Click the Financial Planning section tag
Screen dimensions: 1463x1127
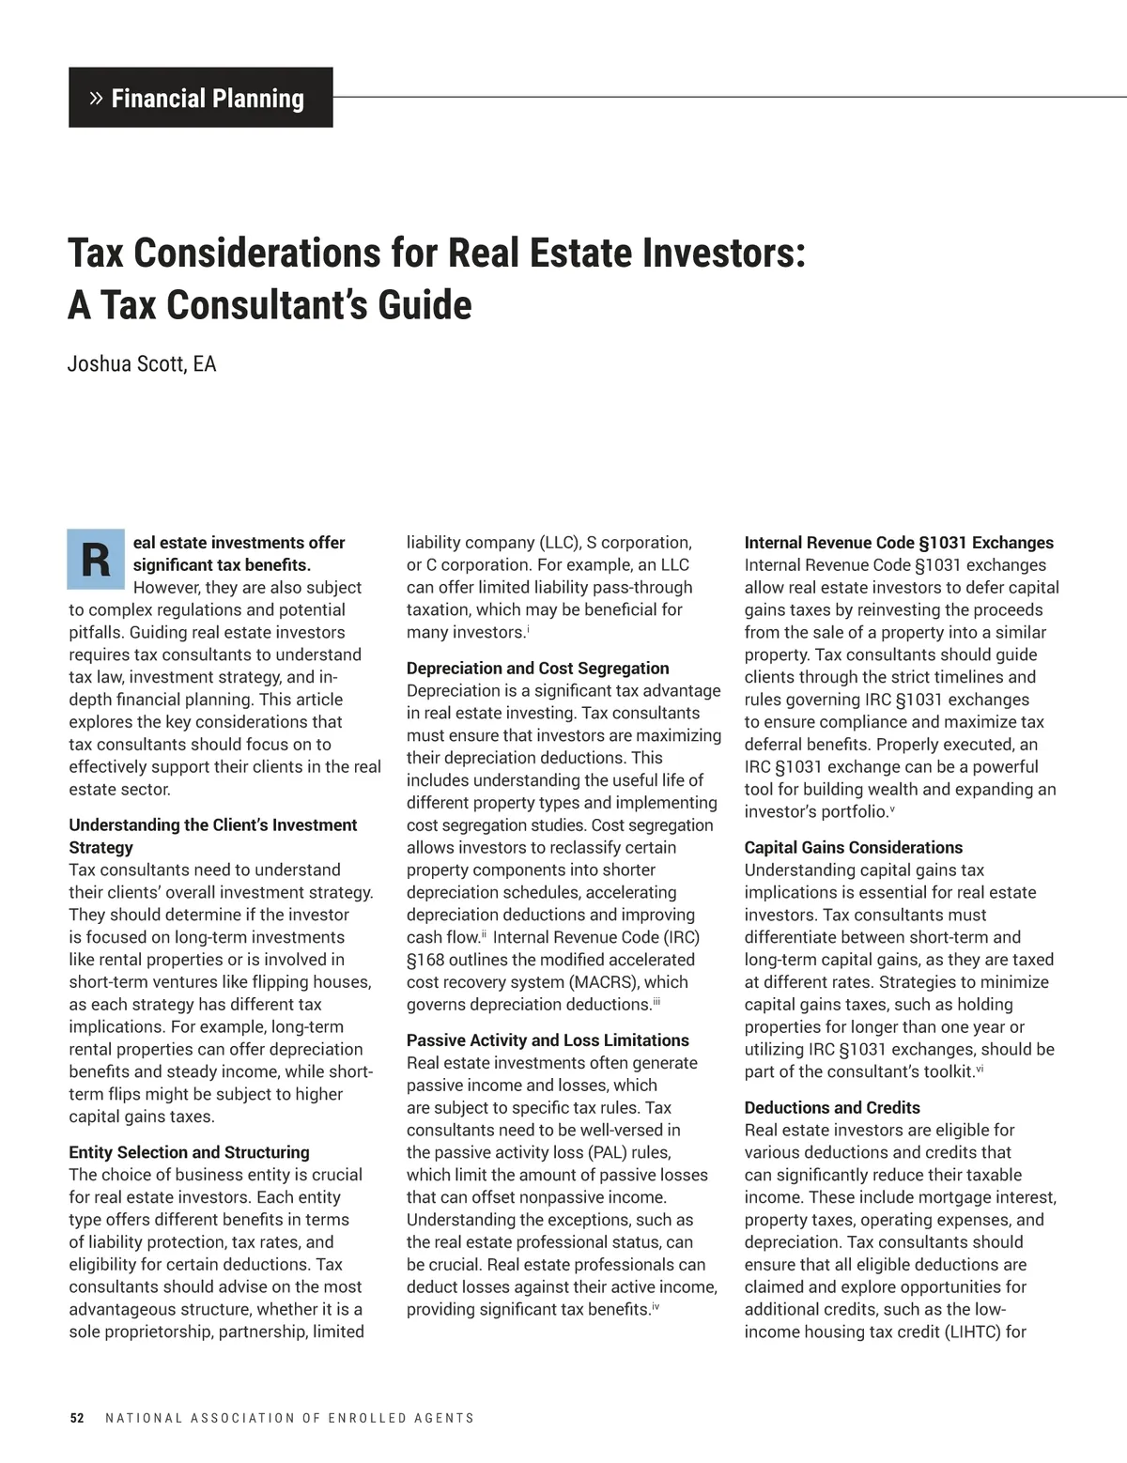point(200,98)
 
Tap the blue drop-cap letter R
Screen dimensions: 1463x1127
point(95,560)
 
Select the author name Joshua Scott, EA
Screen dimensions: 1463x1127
point(142,364)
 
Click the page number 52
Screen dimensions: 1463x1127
point(77,1418)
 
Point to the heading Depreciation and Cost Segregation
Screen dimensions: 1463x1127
point(537,669)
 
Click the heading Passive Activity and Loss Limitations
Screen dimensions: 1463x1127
point(548,1040)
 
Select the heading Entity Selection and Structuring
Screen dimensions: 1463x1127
point(189,1152)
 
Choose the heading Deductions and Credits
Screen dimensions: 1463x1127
point(832,1108)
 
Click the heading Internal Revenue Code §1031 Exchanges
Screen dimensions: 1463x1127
point(899,543)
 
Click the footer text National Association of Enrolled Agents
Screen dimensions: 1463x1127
point(289,1418)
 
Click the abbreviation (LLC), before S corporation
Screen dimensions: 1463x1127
point(560,543)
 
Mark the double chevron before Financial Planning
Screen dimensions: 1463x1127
point(95,98)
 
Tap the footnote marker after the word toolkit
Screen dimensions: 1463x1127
point(980,1069)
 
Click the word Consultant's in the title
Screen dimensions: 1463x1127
point(270,305)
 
